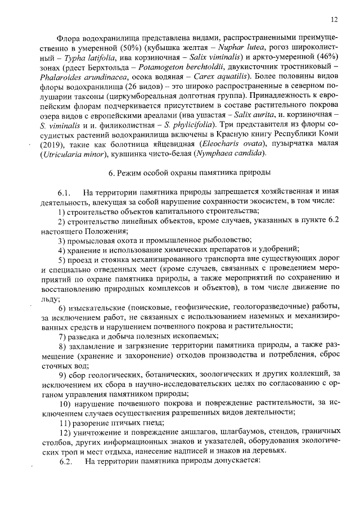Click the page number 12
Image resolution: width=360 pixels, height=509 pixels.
point(334,19)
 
